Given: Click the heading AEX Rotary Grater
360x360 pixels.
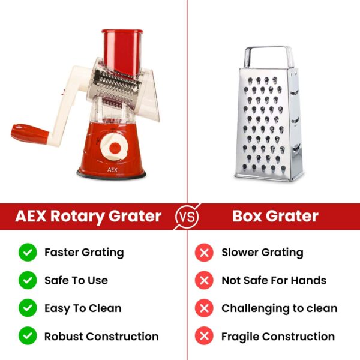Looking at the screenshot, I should click(x=88, y=216).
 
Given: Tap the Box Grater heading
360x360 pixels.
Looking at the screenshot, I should click(x=275, y=216).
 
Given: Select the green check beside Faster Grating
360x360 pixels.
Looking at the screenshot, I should click(x=28, y=253).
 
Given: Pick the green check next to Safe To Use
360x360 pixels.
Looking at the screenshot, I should click(x=28, y=280).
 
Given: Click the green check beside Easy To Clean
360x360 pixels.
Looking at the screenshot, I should click(x=28, y=308).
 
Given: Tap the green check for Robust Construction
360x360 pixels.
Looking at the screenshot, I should click(x=28, y=337).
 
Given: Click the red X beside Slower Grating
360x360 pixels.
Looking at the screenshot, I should click(x=204, y=253).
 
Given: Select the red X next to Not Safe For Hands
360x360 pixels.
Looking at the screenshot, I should click(x=204, y=280).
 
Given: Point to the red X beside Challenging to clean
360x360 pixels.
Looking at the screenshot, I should click(x=204, y=308).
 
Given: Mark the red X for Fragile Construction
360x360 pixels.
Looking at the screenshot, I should click(x=204, y=337).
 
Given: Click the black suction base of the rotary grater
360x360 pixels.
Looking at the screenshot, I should click(x=111, y=175).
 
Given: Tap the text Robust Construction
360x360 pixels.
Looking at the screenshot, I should click(x=101, y=337).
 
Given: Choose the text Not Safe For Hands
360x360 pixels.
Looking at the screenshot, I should click(x=274, y=280).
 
